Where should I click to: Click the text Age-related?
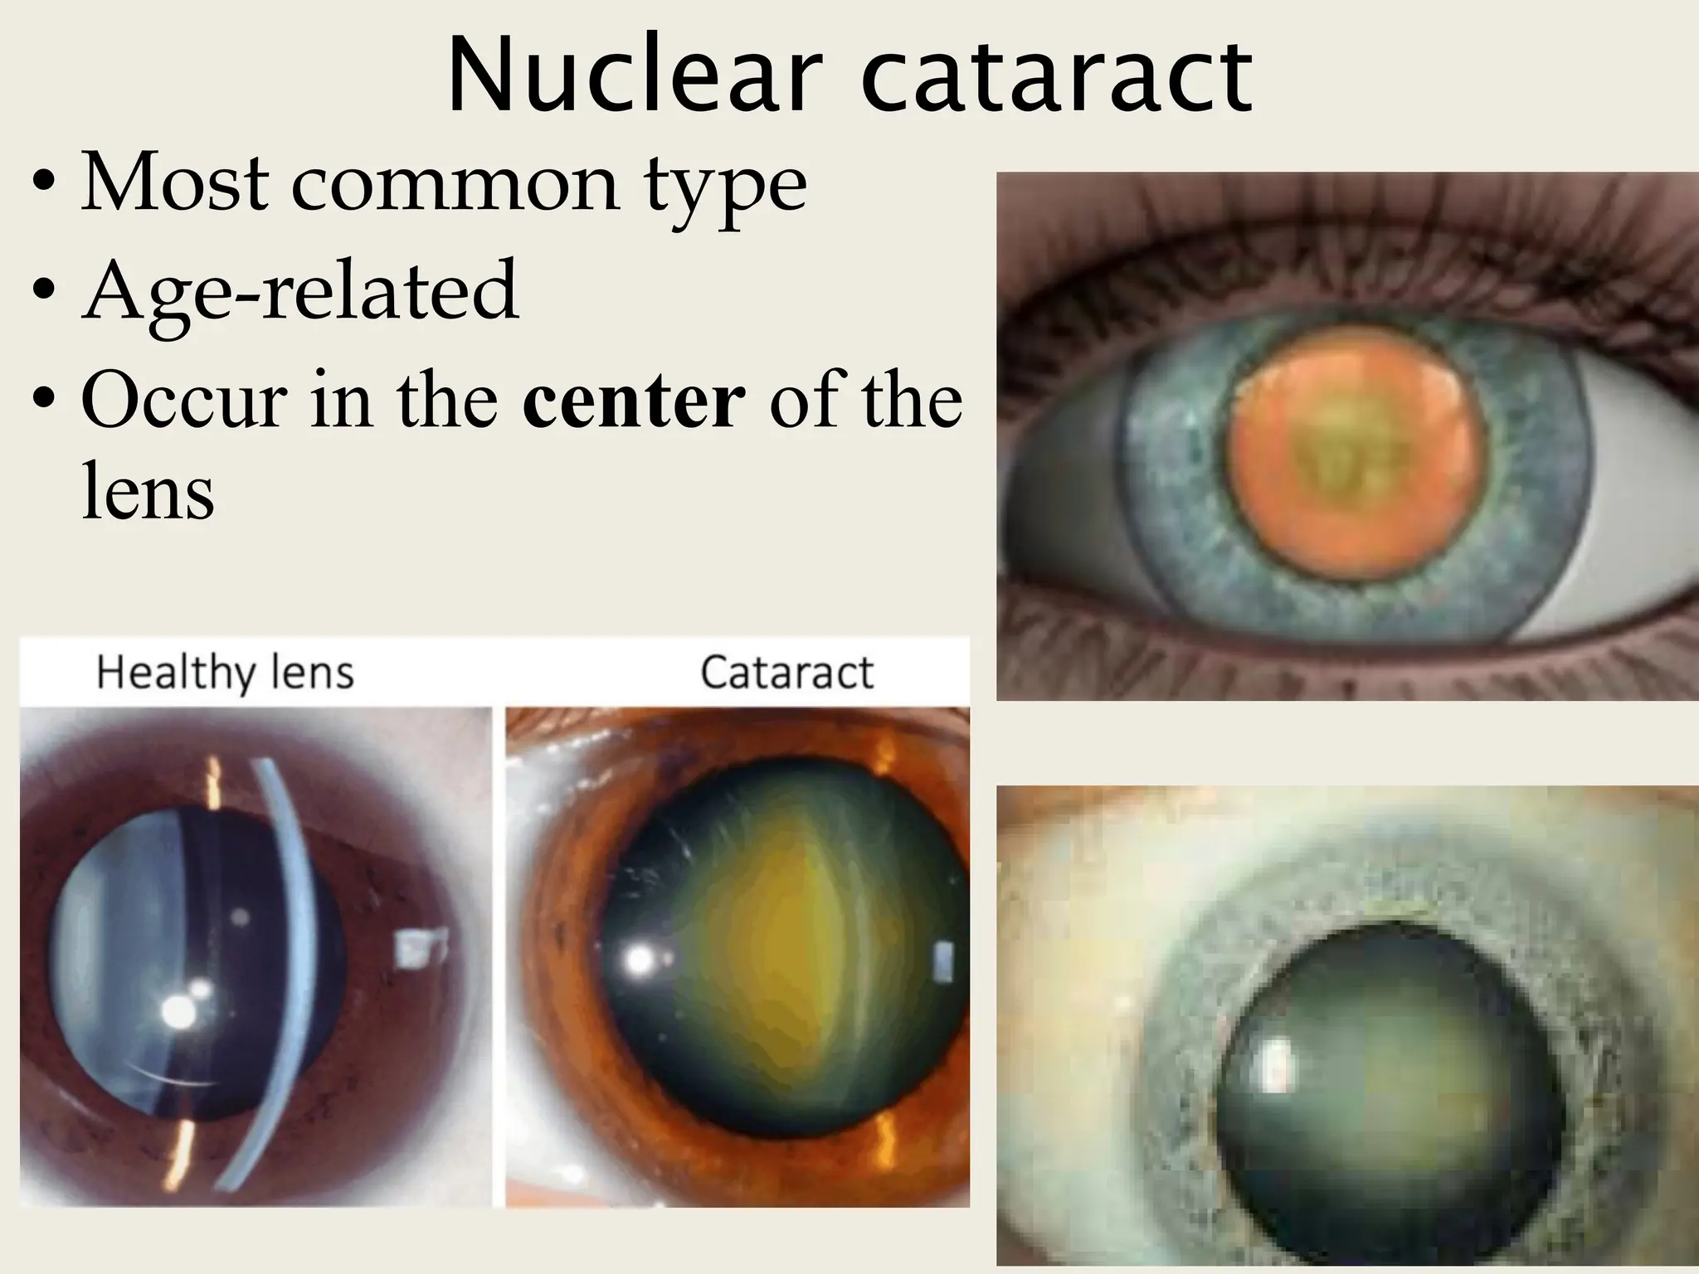(x=300, y=290)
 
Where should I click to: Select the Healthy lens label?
(x=225, y=673)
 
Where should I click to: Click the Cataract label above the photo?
(x=786, y=673)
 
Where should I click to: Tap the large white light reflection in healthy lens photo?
(x=177, y=1011)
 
